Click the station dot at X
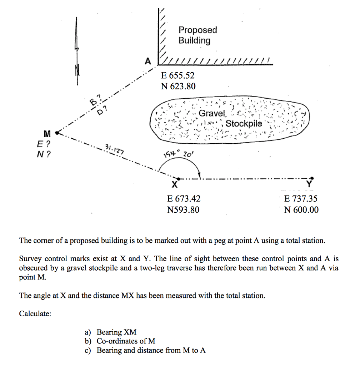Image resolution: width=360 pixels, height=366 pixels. coord(178,178)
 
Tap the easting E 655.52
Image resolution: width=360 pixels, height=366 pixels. coord(178,75)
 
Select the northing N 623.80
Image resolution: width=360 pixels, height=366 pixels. coord(178,86)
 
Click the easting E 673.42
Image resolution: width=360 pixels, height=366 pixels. coord(184,199)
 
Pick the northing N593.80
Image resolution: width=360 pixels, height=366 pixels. coord(183,209)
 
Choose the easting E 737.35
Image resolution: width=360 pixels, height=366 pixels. coord(301,199)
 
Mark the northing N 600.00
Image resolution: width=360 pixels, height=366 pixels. coord(301,209)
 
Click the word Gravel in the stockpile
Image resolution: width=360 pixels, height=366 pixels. coord(212,114)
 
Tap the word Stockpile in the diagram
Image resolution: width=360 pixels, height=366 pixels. coord(244,124)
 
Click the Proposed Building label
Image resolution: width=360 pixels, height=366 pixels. coord(197,35)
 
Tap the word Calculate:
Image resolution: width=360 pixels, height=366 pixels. coord(35,313)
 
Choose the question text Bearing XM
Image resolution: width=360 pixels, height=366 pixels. coord(116,332)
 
